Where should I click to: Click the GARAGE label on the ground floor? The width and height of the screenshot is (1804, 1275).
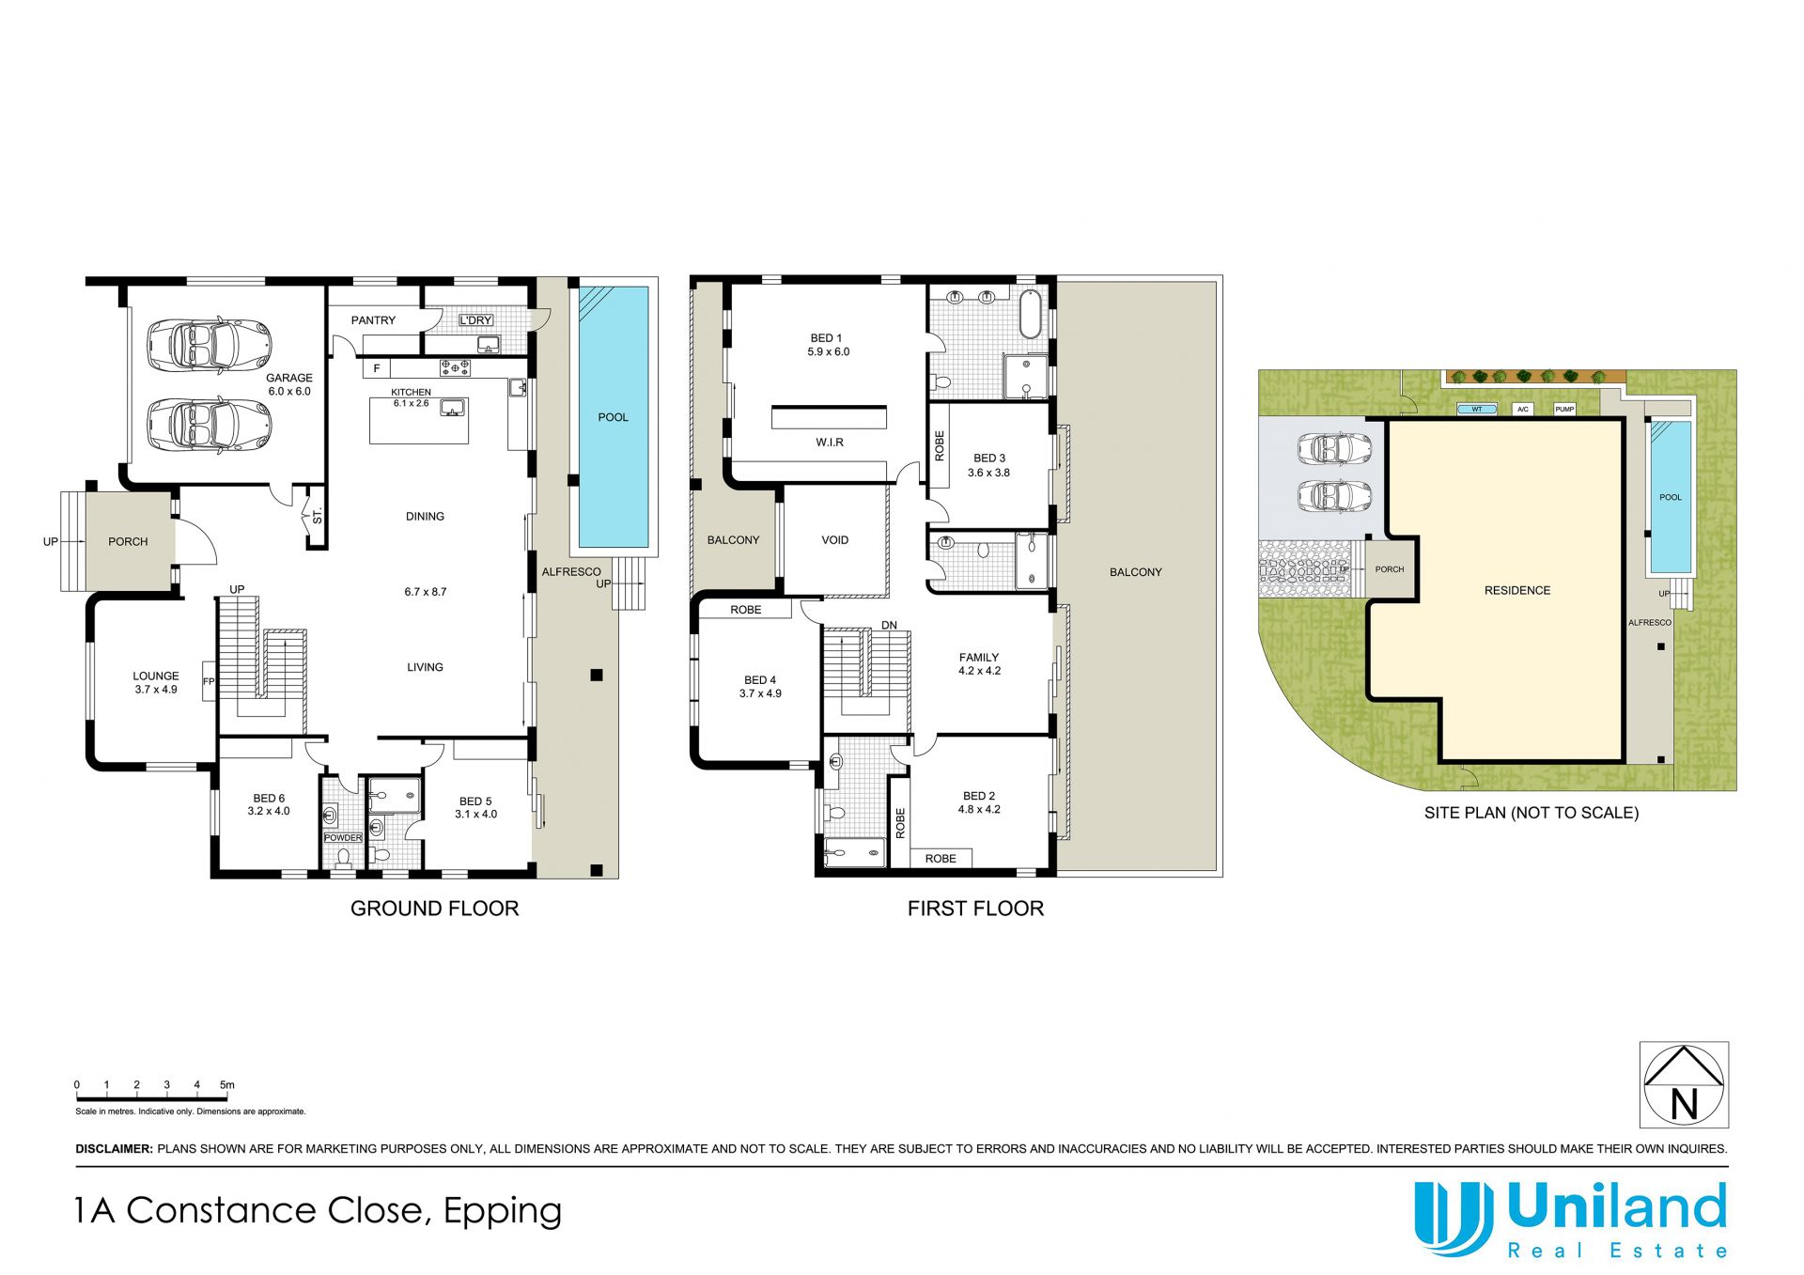tap(289, 378)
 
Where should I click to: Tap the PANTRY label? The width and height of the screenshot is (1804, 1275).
tap(373, 320)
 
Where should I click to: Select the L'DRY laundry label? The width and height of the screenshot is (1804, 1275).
tap(476, 320)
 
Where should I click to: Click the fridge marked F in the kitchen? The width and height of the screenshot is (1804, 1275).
tap(377, 368)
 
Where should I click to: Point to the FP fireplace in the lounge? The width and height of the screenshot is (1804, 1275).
tap(209, 681)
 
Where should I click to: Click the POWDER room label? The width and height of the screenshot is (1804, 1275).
tap(343, 837)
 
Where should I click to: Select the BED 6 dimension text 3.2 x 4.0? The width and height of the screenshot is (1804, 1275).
tap(269, 811)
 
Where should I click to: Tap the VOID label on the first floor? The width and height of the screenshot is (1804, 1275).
tap(835, 540)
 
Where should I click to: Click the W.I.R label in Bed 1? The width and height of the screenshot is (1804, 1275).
tap(830, 443)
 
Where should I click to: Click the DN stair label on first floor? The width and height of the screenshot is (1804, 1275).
tap(889, 626)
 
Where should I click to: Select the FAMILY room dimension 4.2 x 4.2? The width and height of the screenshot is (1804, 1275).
tap(979, 671)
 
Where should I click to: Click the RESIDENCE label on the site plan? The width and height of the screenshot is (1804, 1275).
tap(1517, 590)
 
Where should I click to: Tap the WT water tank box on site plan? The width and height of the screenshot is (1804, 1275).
tap(1477, 410)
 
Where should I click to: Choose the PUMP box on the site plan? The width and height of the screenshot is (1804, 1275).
tap(1564, 410)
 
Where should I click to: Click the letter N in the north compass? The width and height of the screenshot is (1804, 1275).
tap(1684, 1103)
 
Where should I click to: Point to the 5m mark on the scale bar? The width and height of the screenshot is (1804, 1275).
tap(227, 1085)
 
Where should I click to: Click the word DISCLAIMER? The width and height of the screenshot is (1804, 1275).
tap(114, 1148)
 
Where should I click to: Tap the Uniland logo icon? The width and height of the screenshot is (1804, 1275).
tap(1454, 1218)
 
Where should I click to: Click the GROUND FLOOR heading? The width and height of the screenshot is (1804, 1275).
tap(434, 909)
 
